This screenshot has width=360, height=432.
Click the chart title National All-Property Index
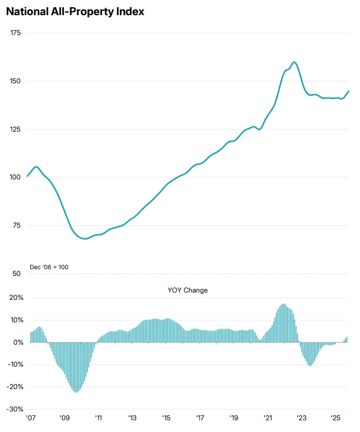point(75,12)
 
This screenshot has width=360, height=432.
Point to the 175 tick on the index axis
point(16,33)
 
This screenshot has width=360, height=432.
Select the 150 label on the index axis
point(16,81)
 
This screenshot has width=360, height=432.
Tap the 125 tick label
point(16,129)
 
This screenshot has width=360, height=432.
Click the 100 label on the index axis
point(16,177)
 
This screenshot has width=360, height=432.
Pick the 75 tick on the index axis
point(17,225)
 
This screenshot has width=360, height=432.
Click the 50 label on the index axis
point(17,274)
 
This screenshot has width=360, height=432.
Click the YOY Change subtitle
point(187,290)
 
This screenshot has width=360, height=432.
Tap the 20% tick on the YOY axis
point(17,298)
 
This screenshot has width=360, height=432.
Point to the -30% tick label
point(16,409)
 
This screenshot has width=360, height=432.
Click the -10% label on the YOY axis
point(16,365)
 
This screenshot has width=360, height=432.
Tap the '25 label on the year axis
point(336,418)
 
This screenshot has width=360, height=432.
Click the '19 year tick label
point(234,418)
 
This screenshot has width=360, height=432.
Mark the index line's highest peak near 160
point(294,62)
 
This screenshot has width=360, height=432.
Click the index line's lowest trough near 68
point(86,239)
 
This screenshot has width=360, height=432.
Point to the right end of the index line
point(349,91)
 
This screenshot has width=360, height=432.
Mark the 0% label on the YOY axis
point(19,343)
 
